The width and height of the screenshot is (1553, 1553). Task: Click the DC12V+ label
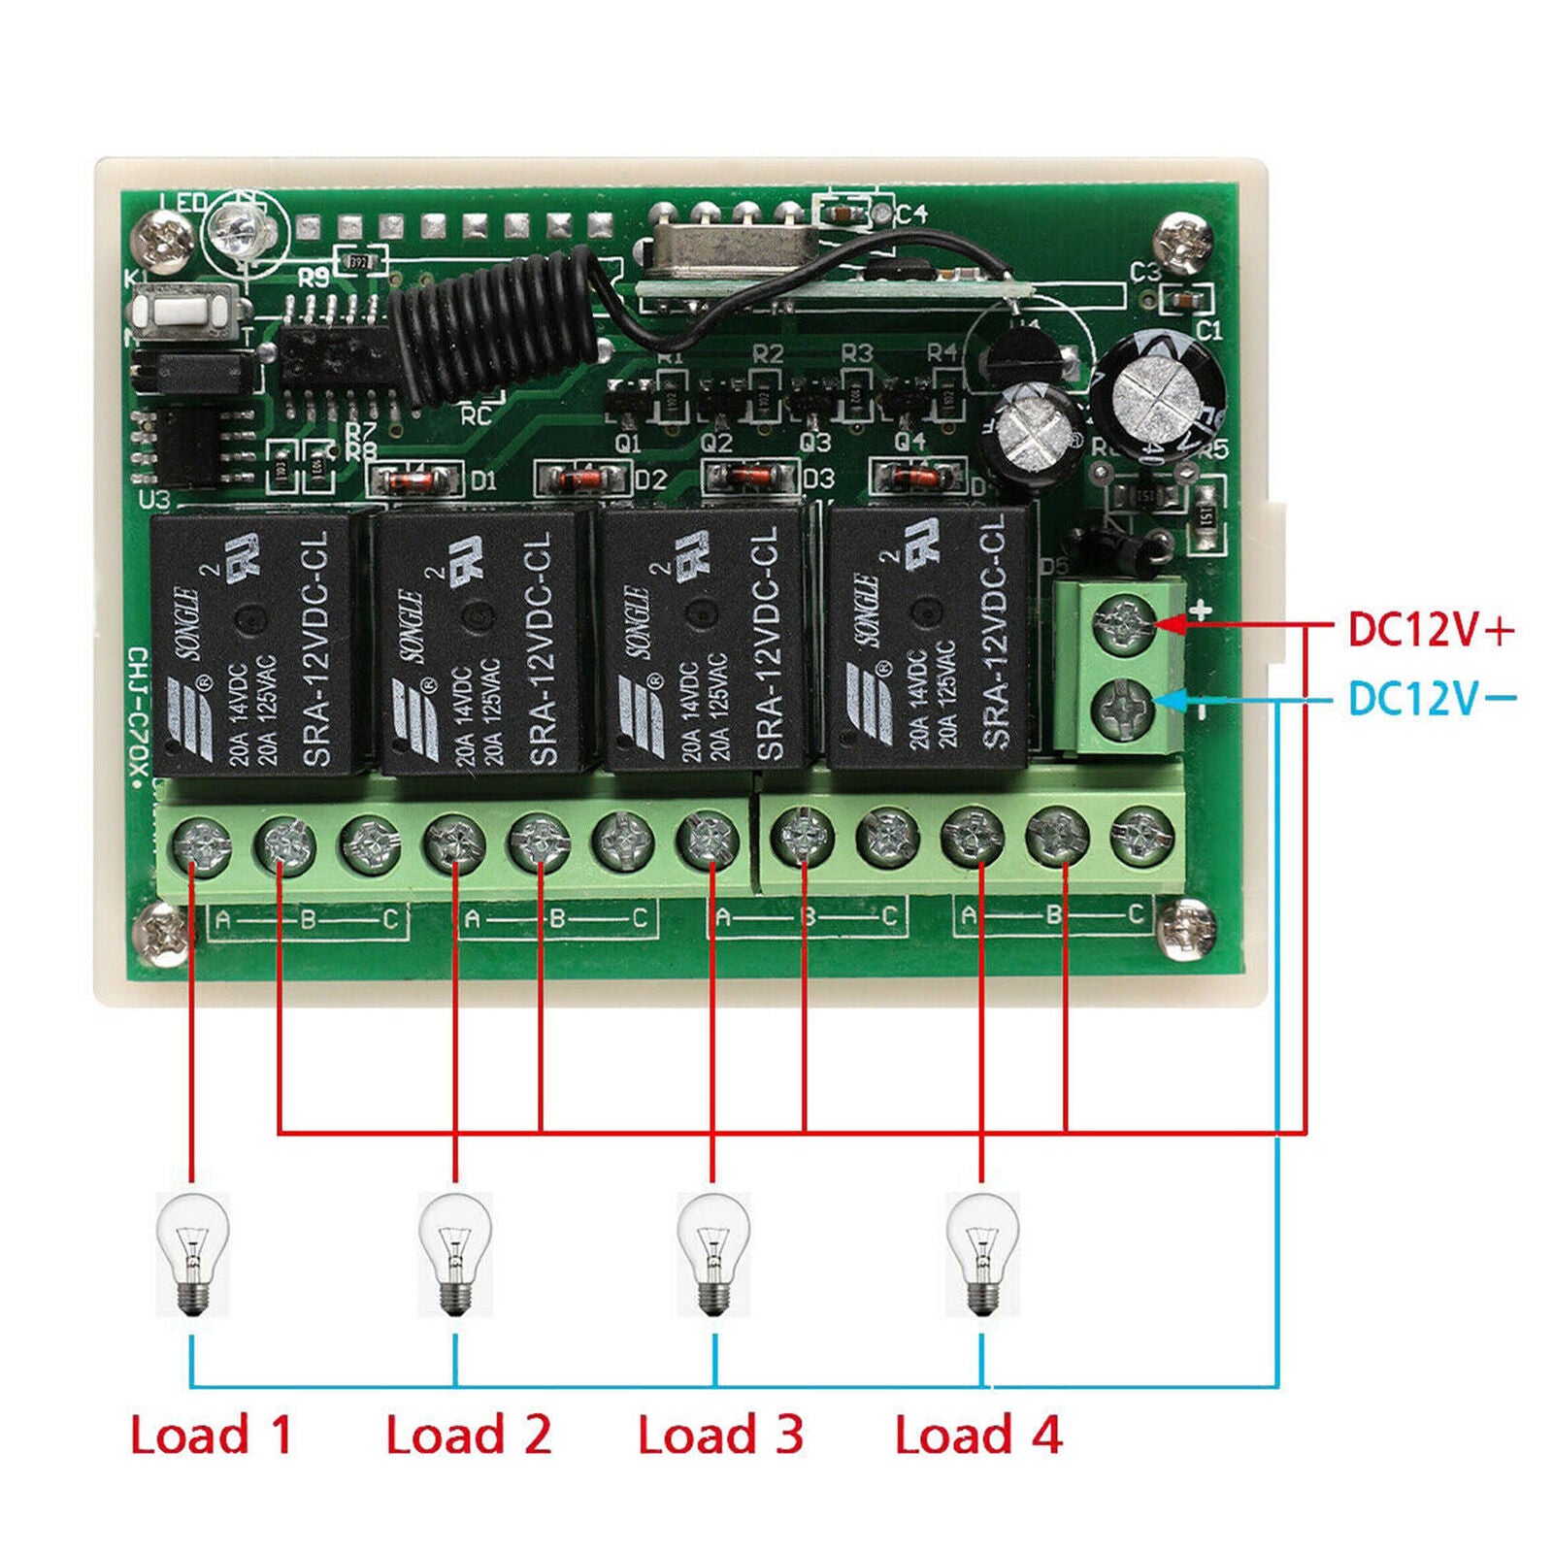point(1430,629)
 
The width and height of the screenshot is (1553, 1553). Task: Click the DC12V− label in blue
point(1430,698)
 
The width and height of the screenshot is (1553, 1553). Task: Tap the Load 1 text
point(211,1435)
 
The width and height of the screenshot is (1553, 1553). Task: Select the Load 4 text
point(977,1435)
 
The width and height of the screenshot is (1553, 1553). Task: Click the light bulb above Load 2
point(455,1253)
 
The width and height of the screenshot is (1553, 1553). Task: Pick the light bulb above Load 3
point(713,1253)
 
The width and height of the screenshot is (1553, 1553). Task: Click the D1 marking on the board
point(482,480)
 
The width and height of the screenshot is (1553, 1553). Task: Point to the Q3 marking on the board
point(815,443)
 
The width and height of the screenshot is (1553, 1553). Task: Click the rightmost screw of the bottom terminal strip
point(1141,837)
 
